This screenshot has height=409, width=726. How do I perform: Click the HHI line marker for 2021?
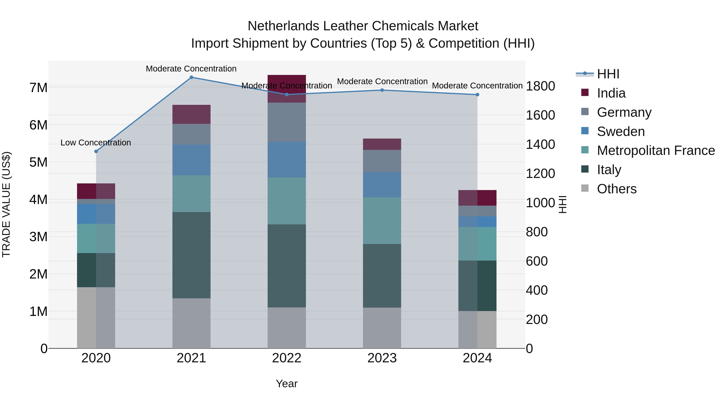(191, 77)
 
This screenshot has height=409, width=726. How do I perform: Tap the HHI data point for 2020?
(96, 151)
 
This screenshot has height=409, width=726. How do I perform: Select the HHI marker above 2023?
(382, 90)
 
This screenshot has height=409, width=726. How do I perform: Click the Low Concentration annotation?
(96, 143)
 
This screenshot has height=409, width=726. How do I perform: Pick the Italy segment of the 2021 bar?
(191, 255)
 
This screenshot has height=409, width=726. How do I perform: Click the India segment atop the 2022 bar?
(287, 89)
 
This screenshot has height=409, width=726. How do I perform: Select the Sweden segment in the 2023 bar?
(382, 185)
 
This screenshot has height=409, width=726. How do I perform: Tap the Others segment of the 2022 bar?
(287, 328)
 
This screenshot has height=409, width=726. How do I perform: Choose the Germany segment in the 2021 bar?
(191, 134)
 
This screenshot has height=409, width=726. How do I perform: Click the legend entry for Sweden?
(621, 131)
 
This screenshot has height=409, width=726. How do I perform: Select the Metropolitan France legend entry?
(656, 151)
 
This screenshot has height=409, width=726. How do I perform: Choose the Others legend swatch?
(585, 188)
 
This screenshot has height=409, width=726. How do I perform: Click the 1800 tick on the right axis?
(540, 86)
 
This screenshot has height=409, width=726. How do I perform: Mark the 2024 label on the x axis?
(477, 358)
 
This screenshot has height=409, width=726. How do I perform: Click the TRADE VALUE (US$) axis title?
(6, 204)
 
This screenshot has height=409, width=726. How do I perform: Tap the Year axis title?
(287, 384)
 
